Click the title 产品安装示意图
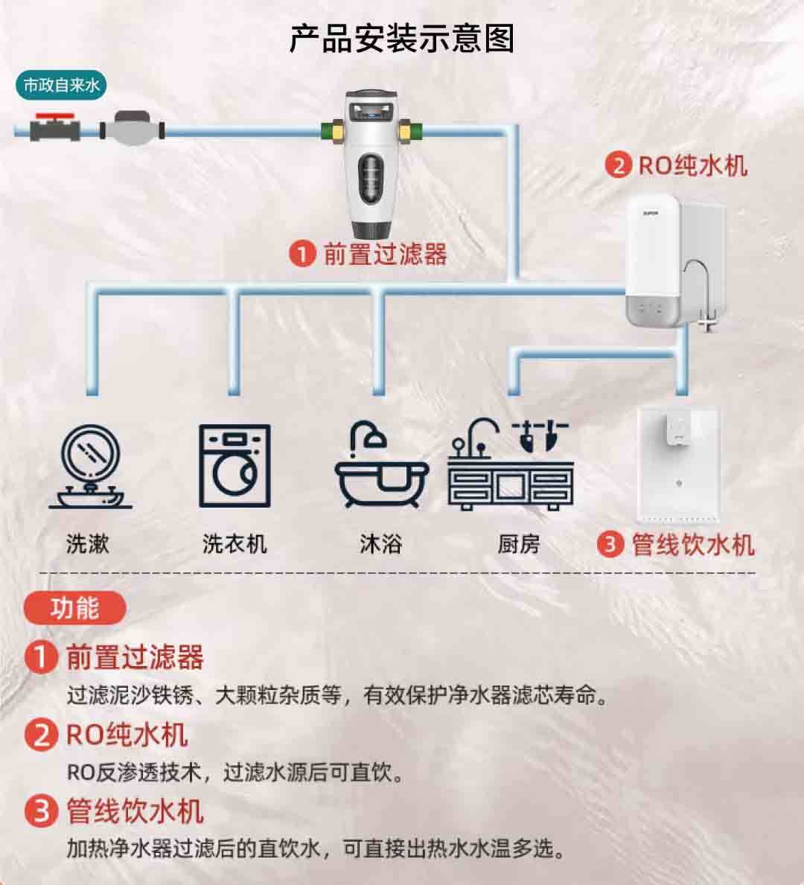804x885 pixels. (x=401, y=39)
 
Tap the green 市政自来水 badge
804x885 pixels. (x=61, y=86)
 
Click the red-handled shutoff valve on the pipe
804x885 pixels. (x=55, y=127)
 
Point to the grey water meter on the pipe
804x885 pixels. (x=132, y=129)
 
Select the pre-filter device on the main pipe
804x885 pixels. (x=371, y=164)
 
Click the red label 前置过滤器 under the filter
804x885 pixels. (x=385, y=254)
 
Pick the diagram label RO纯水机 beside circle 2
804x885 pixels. (x=693, y=166)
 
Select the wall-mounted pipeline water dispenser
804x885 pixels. (x=678, y=464)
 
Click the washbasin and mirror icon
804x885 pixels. (x=90, y=467)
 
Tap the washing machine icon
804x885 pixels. (x=235, y=466)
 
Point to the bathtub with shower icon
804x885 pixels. (x=382, y=464)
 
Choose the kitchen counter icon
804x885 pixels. (x=511, y=464)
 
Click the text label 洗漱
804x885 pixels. (x=88, y=544)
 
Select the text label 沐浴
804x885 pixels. (x=381, y=544)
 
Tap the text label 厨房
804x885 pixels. (x=519, y=544)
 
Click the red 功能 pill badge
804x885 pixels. (x=74, y=608)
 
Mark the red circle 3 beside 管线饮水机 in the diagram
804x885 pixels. (x=610, y=544)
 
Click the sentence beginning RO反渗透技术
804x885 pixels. (x=236, y=772)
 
